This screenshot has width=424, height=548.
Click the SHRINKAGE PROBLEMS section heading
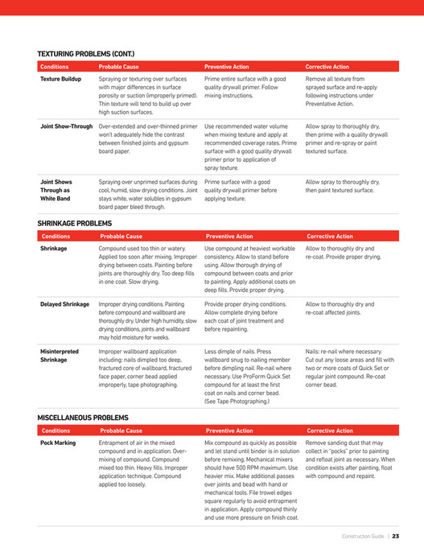coord(74,223)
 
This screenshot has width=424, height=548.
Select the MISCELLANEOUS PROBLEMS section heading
coord(82,418)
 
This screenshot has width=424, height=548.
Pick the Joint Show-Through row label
coord(67,126)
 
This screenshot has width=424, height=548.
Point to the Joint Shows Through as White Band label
coord(56,190)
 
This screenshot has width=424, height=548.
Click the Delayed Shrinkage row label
coord(64,304)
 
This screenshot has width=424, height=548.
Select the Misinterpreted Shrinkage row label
coord(60,356)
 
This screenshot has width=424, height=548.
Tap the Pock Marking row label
coord(58,443)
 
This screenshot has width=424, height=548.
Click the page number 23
coord(396,536)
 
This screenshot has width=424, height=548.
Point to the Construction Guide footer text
coord(363,536)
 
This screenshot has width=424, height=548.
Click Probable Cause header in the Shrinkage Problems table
coord(121,237)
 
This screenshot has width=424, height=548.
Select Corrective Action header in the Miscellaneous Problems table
coord(330,431)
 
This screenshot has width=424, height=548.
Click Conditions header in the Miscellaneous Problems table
coord(56,431)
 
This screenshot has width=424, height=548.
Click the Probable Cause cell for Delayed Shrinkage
coord(147,320)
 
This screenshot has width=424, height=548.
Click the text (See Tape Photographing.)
coord(239,400)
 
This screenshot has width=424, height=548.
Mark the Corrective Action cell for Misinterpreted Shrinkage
coord(350,369)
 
